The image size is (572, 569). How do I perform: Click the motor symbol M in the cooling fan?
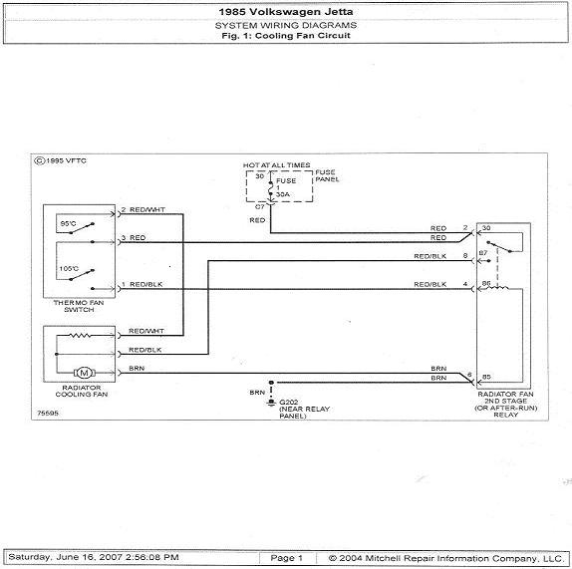click(85, 373)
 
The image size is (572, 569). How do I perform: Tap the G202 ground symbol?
click(271, 402)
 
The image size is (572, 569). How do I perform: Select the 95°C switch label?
click(68, 223)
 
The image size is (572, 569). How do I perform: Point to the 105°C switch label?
click(69, 268)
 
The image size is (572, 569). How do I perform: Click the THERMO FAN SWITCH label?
click(79, 306)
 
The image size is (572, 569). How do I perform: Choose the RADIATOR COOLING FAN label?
click(82, 391)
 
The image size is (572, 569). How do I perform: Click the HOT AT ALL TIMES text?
click(276, 165)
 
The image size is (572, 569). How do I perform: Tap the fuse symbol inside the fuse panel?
click(271, 188)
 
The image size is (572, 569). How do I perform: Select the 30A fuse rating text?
click(283, 194)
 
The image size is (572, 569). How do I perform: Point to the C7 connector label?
click(259, 207)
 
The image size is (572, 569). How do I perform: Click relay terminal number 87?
click(483, 253)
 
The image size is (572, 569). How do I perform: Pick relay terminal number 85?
click(486, 377)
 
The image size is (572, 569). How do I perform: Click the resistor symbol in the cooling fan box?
click(81, 335)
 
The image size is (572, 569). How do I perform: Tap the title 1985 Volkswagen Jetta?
click(286, 12)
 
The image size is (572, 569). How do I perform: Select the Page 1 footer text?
click(286, 558)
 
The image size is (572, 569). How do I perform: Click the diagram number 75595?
click(48, 413)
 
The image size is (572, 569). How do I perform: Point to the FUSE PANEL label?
click(327, 175)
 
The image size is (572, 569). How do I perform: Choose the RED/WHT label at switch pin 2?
click(147, 209)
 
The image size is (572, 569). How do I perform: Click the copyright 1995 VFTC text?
click(60, 160)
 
